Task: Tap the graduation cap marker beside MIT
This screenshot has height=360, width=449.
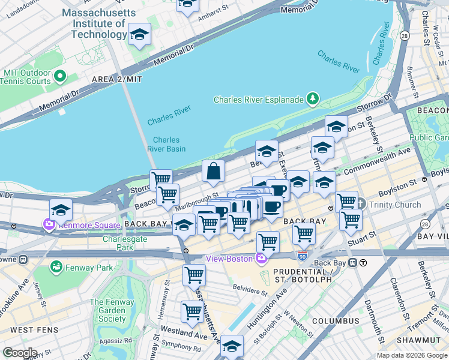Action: point(139,34)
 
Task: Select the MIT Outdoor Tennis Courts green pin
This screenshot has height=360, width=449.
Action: point(60,76)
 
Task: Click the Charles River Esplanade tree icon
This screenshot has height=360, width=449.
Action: point(312,98)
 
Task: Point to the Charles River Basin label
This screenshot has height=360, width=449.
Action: point(166,144)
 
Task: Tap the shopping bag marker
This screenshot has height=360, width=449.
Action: point(213,172)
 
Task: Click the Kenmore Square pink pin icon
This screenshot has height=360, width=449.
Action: point(47,224)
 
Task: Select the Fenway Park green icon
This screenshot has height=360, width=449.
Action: point(56,266)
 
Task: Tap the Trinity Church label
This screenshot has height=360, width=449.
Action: point(395,205)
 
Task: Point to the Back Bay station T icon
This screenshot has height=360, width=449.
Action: point(363,263)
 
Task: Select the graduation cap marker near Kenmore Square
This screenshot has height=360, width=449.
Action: point(61,210)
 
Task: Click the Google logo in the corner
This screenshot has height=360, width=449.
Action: point(20,353)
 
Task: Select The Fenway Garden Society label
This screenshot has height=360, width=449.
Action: point(108,310)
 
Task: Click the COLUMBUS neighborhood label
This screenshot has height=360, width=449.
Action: point(335,321)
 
